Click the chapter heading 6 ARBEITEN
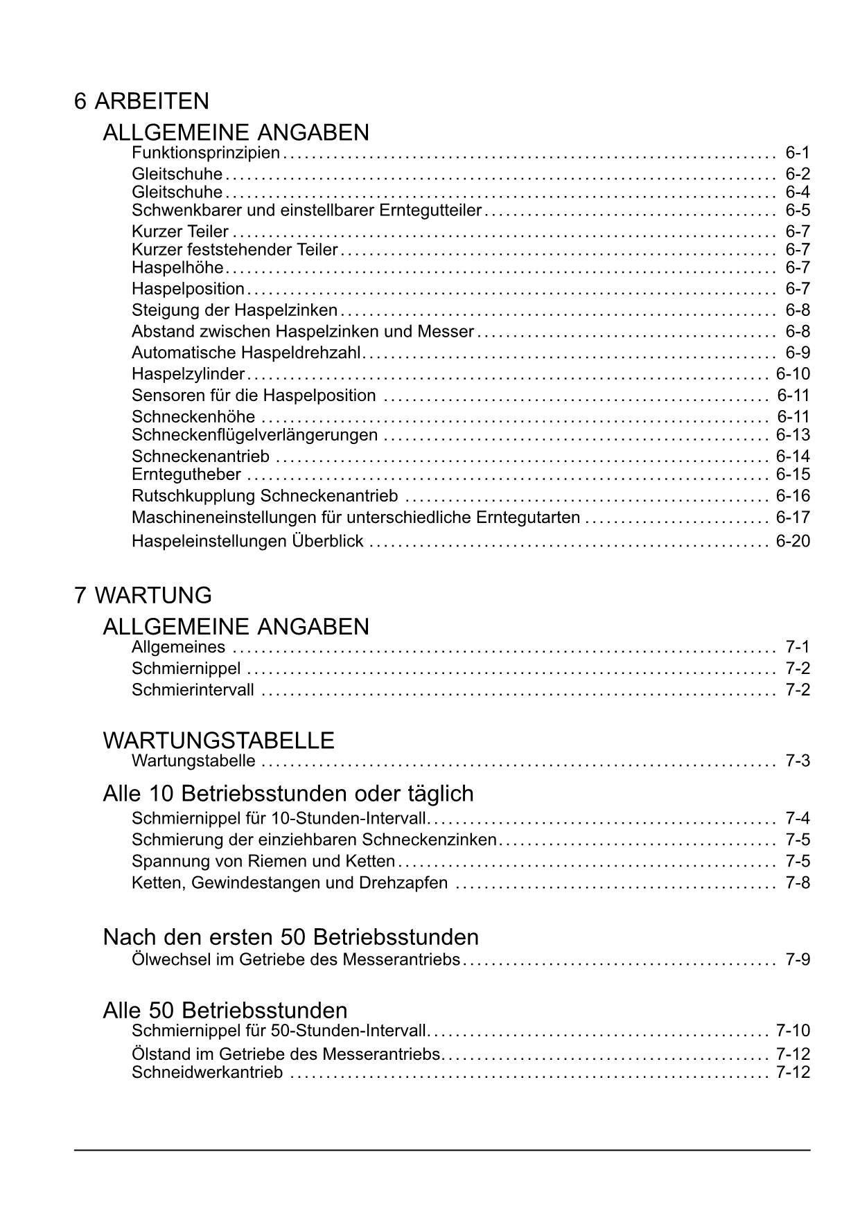[x=141, y=101]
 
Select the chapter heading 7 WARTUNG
[x=143, y=595]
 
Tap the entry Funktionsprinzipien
[x=206, y=153]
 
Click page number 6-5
[x=797, y=211]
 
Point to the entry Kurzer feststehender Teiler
[x=234, y=250]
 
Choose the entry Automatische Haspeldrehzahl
[x=246, y=353]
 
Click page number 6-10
[x=793, y=375]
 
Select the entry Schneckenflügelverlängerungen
[x=254, y=435]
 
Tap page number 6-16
[x=793, y=496]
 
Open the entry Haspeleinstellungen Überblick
[x=247, y=541]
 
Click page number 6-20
[x=793, y=541]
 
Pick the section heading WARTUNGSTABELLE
[x=218, y=740]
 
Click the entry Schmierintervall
[x=193, y=690]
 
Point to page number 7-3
[x=797, y=761]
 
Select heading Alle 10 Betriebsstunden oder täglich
[x=288, y=793]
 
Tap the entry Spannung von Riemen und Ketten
[x=263, y=862]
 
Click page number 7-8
[x=797, y=883]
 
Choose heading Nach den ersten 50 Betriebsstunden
[x=291, y=937]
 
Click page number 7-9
[x=797, y=960]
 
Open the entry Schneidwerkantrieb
[x=207, y=1073]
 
